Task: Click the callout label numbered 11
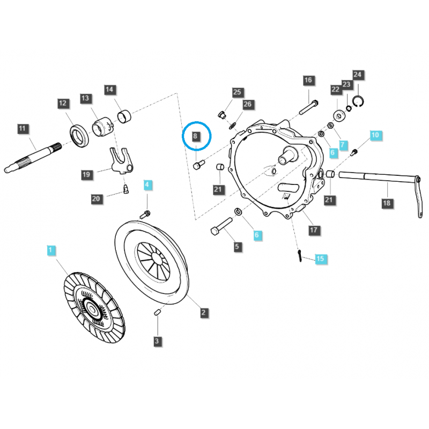[23, 129]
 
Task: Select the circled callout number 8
[195, 136]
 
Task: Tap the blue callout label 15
[320, 258]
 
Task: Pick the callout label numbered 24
[357, 75]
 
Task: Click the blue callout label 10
[375, 135]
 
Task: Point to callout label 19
[86, 175]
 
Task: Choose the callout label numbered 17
[314, 230]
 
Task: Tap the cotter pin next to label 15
[300, 256]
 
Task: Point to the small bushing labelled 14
[124, 115]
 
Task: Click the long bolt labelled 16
[309, 108]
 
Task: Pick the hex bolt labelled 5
[221, 226]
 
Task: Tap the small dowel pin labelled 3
[157, 312]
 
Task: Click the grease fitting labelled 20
[125, 189]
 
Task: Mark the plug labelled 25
[222, 115]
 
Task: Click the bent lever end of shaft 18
[418, 197]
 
